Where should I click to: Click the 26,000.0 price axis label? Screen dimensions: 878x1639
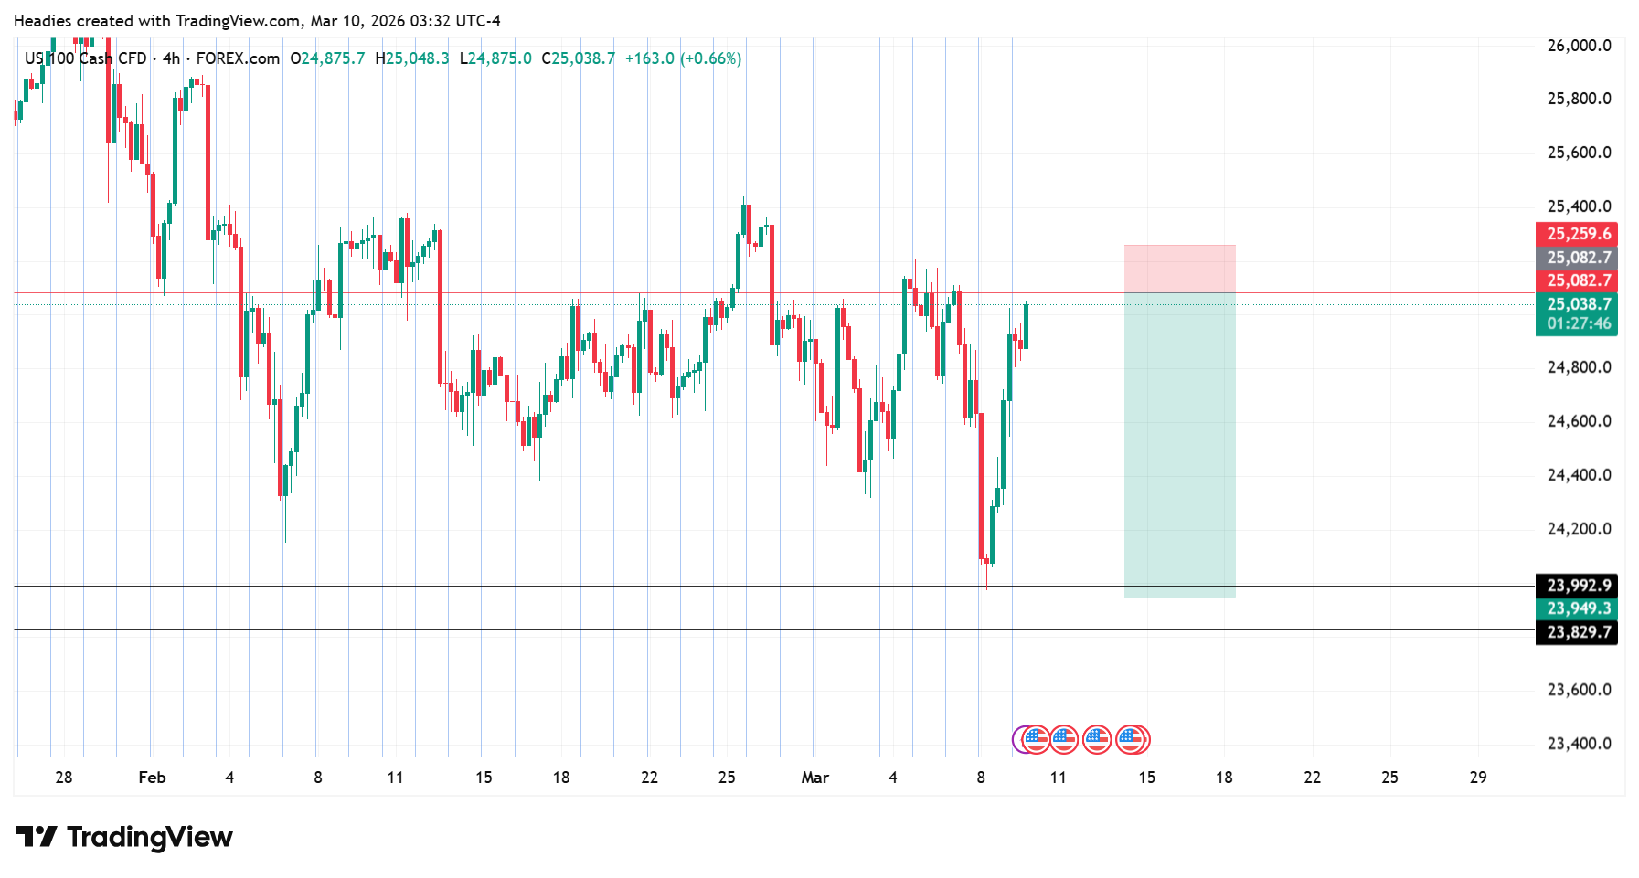click(1578, 46)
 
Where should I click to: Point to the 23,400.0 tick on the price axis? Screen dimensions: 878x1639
click(1578, 744)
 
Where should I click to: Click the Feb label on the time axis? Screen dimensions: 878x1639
click(152, 778)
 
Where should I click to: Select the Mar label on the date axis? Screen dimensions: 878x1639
click(814, 778)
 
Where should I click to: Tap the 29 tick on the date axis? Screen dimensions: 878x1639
click(1477, 778)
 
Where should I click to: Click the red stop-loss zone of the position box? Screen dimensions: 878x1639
click(1179, 269)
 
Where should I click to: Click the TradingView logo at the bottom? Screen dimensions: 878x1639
click(125, 837)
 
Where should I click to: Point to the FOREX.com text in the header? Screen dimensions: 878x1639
click(238, 58)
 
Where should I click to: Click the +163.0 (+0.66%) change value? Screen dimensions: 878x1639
click(683, 58)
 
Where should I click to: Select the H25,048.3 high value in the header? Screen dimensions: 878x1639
click(412, 58)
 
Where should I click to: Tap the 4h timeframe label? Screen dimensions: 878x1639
click(171, 58)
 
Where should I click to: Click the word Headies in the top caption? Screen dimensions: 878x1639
click(42, 21)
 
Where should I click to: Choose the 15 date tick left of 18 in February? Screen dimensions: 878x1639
click(484, 778)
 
